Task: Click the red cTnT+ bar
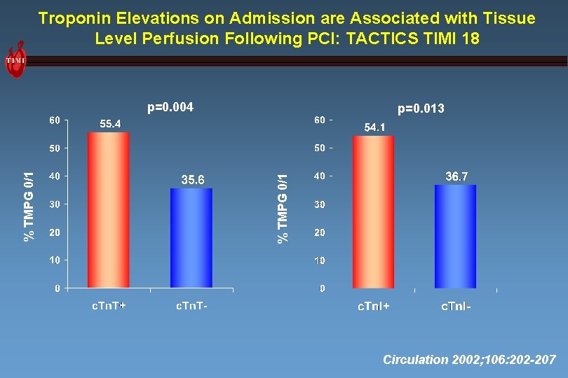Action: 109,210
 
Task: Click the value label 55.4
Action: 109,124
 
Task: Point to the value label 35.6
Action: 193,180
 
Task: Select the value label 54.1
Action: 374,127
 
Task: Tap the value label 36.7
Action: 457,176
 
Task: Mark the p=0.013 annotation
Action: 421,108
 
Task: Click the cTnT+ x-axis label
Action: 109,305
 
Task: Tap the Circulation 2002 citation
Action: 469,360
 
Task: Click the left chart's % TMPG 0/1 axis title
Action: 29,207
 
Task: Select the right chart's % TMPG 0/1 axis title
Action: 283,209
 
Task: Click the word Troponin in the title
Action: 72,18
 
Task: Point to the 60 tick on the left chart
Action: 54,120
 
